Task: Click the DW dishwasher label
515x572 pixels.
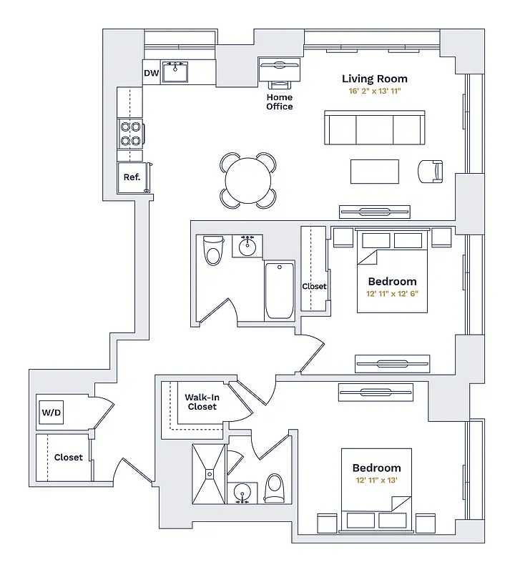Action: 151,73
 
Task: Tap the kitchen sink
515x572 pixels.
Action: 175,72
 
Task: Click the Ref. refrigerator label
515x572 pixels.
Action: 132,177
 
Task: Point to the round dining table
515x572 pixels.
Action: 248,180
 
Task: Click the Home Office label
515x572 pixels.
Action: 280,102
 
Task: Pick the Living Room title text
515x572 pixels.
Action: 374,79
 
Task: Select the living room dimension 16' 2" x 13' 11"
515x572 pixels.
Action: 374,92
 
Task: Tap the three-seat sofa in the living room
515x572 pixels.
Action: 374,127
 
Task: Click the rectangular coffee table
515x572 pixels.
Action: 374,172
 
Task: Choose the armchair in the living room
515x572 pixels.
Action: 431,171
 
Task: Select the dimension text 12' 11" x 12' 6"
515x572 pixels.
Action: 392,294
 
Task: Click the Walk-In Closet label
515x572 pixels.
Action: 202,401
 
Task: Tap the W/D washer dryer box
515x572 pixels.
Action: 50,413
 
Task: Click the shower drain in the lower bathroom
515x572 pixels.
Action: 208,473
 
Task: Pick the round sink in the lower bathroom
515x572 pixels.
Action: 242,494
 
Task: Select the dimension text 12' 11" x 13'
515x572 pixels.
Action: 376,480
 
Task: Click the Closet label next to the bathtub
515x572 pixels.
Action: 314,286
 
